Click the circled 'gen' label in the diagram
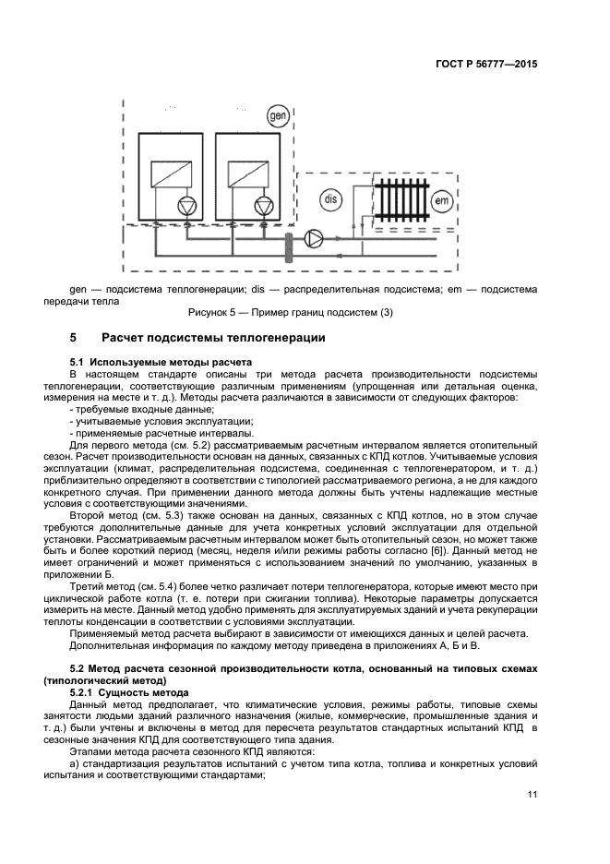pos(276,116)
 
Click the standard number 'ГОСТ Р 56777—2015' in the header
pos(485,65)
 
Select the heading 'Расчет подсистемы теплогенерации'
pos(213,339)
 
